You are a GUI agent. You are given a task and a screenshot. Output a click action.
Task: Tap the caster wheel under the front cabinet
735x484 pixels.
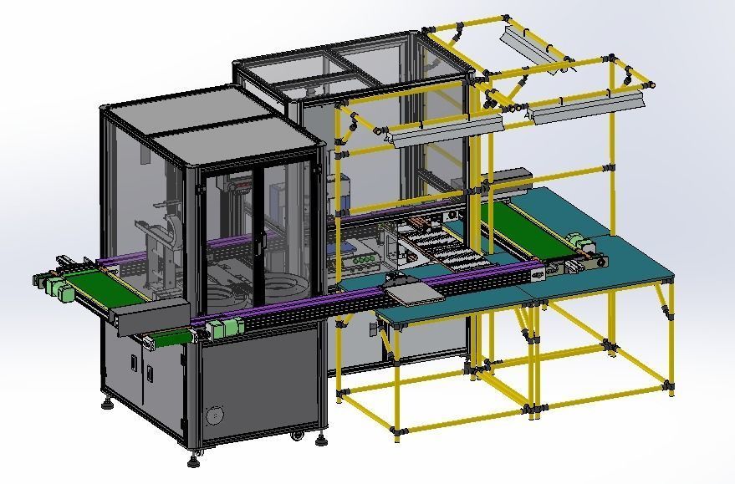pyautogui.click(x=296, y=435)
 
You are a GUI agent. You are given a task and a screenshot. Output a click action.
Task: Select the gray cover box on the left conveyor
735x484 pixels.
pyautogui.click(x=154, y=317)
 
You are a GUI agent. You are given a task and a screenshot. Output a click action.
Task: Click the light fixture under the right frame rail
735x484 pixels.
pyautogui.click(x=589, y=107)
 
